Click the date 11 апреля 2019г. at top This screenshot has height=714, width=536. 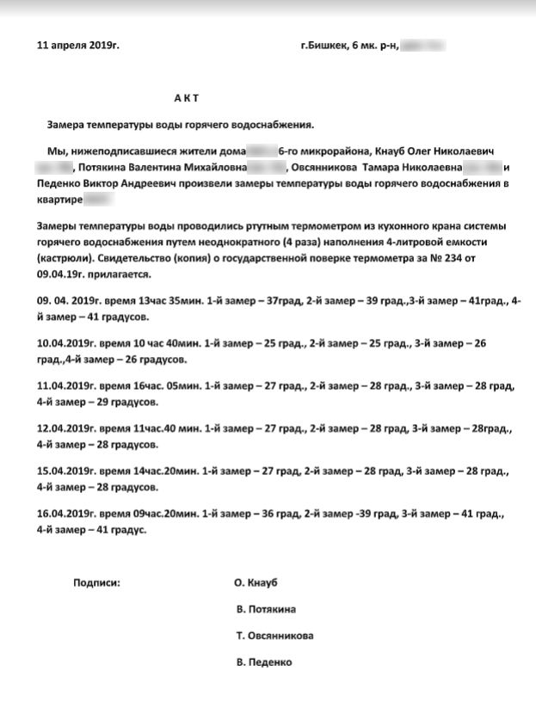(x=78, y=43)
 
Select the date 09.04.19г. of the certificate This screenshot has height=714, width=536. (x=64, y=274)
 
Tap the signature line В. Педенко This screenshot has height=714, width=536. (x=264, y=662)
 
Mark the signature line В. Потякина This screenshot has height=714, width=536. (x=266, y=609)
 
